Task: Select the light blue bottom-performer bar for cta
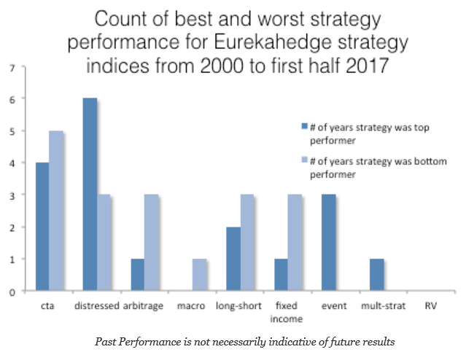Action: [x=55, y=211]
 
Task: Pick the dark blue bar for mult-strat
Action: [x=376, y=275]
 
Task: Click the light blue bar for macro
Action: [x=198, y=275]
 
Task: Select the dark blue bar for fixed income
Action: [x=280, y=275]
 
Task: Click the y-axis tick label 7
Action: [x=12, y=67]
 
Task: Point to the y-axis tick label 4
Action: [x=12, y=163]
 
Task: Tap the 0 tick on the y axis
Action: [x=12, y=292]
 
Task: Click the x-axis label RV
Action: [x=430, y=306]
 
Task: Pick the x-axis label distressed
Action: [x=96, y=306]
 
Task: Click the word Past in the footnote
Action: [x=109, y=340]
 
